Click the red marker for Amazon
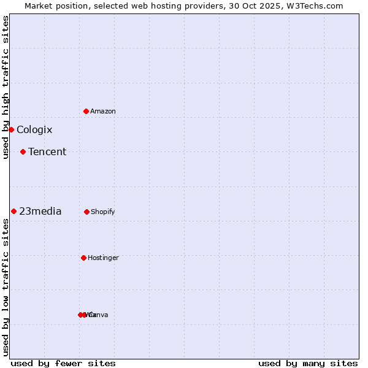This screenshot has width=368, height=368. tap(86, 111)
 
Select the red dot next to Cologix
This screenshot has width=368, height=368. tap(11, 129)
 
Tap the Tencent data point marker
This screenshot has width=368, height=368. tap(23, 151)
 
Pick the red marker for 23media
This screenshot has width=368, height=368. tap(13, 211)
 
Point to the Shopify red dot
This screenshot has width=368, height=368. tap(86, 212)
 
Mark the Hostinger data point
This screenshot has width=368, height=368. tap(83, 258)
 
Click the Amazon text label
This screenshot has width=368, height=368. tap(103, 111)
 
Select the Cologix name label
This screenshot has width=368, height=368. tap(34, 129)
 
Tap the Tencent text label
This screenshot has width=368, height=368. tap(47, 151)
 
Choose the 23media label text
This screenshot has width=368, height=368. tap(40, 211)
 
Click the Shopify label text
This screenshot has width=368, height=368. tap(103, 212)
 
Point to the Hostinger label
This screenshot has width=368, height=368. tap(103, 258)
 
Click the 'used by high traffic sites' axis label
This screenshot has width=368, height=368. tap(6, 87)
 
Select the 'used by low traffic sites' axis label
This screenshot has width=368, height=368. tap(6, 287)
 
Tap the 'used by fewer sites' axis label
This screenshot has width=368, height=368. tap(63, 363)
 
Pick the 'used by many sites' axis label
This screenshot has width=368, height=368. tap(308, 363)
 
